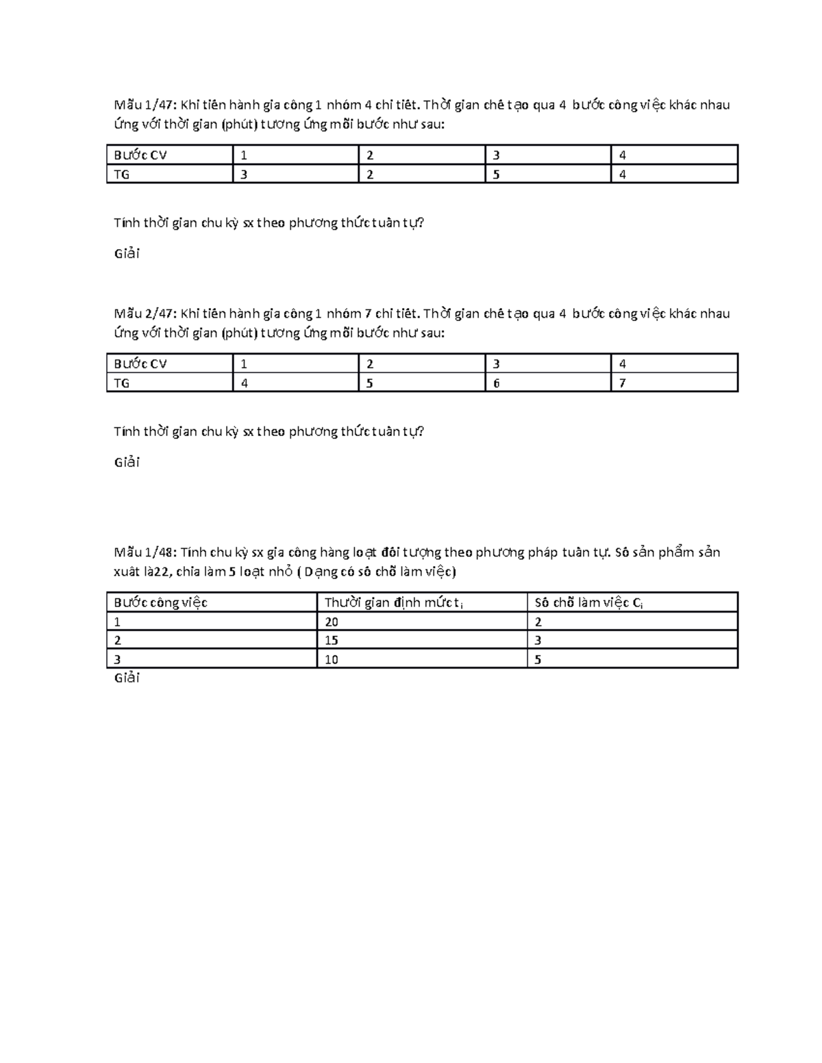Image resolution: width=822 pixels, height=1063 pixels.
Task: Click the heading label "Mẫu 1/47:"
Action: pyautogui.click(x=145, y=105)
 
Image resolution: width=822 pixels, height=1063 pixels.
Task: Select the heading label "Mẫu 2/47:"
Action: pyautogui.click(x=145, y=313)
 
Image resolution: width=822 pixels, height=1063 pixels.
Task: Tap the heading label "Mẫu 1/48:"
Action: pyautogui.click(x=145, y=552)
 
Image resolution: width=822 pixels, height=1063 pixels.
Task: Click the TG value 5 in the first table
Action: pyautogui.click(x=496, y=175)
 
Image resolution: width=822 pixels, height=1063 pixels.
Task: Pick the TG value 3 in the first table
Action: pyautogui.click(x=244, y=175)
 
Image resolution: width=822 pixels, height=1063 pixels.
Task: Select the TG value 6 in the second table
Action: pyautogui.click(x=496, y=383)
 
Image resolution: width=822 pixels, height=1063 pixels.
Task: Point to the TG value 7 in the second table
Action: pyautogui.click(x=622, y=383)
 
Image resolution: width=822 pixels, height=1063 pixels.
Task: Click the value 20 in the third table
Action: pyautogui.click(x=332, y=622)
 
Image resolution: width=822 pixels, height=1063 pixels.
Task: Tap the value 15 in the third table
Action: pyautogui.click(x=332, y=641)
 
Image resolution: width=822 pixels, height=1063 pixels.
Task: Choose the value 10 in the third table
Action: pyautogui.click(x=332, y=660)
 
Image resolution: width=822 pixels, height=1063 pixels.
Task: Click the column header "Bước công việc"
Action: pyautogui.click(x=160, y=603)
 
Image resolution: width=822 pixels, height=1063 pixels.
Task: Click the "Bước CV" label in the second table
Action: pyautogui.click(x=140, y=364)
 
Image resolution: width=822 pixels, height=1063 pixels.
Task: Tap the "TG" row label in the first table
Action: pyautogui.click(x=122, y=175)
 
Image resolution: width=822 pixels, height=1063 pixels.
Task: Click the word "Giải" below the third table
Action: pyautogui.click(x=127, y=678)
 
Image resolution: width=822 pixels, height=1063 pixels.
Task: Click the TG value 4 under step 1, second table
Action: pyautogui.click(x=244, y=383)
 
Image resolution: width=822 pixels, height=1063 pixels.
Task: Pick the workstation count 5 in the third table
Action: pyautogui.click(x=538, y=660)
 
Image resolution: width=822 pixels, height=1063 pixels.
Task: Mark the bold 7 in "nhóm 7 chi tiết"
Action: pyautogui.click(x=369, y=313)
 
